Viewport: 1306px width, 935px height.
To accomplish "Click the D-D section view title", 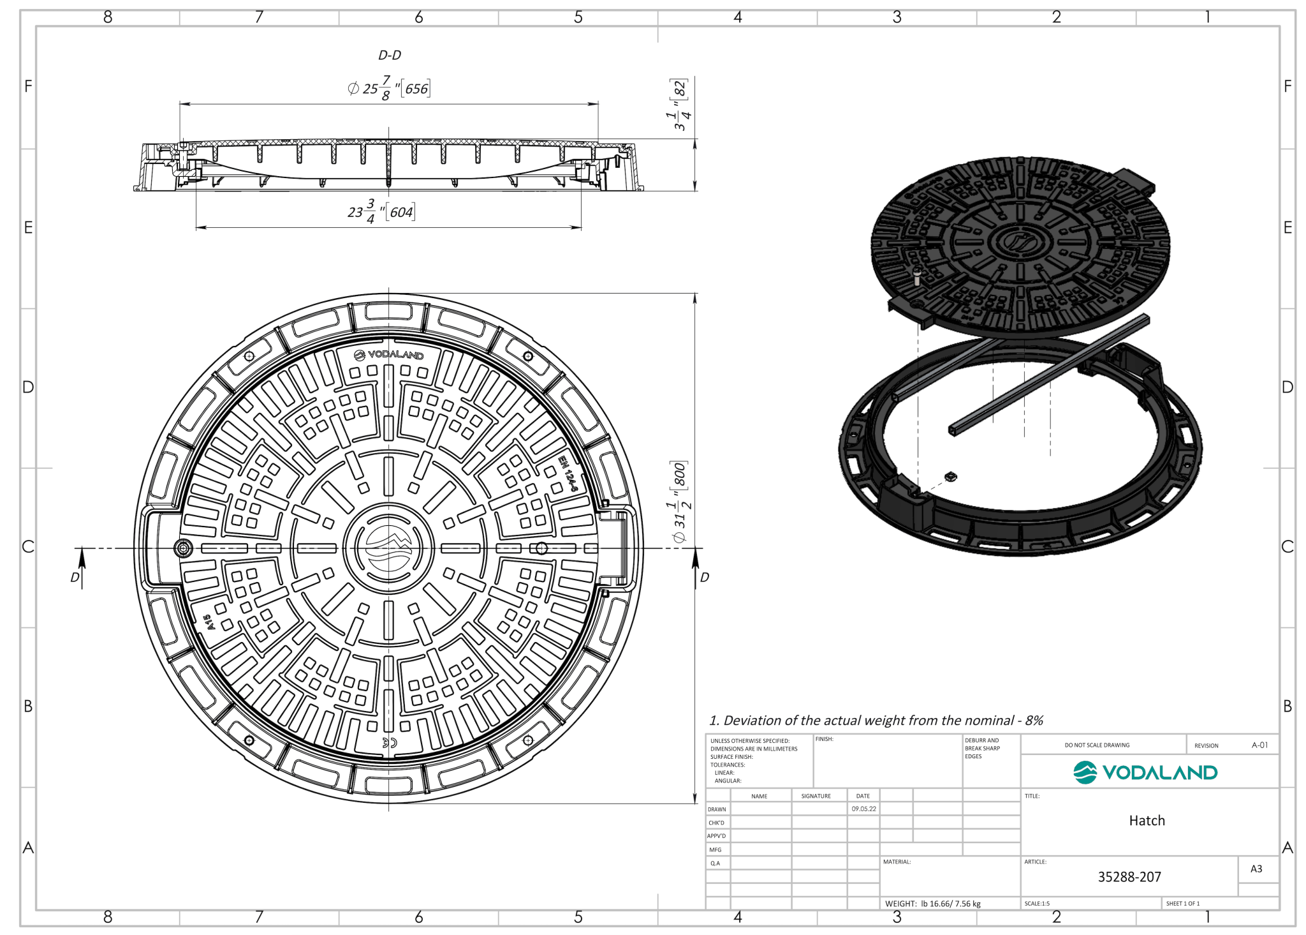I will coord(390,56).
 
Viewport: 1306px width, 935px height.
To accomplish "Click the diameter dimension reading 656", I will coord(389,88).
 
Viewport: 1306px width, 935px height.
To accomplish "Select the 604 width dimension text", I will coord(381,211).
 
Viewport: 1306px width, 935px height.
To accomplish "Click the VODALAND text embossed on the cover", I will coord(389,355).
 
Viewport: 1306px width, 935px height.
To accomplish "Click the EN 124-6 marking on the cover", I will coord(568,473).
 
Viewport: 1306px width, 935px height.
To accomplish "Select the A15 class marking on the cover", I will coord(209,622).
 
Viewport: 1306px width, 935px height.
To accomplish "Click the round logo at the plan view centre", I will coord(388,548).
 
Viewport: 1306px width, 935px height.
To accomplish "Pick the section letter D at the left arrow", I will coord(75,577).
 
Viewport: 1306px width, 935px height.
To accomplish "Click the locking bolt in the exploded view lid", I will coord(917,276).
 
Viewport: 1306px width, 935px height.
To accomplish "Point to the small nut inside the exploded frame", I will coord(950,477).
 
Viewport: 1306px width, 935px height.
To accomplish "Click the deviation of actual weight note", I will coord(876,721).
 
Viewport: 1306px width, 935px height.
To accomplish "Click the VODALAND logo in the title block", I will coord(1145,772).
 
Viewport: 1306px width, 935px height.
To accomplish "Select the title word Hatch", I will coord(1147,821).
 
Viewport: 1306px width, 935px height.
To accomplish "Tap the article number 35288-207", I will coord(1129,877).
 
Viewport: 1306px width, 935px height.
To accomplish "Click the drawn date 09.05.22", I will coord(863,809).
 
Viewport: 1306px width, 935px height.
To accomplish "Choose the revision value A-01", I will coord(1259,745).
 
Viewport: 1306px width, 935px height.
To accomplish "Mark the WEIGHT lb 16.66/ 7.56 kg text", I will coord(932,904).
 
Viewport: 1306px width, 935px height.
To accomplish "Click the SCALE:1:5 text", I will coord(1037,904).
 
